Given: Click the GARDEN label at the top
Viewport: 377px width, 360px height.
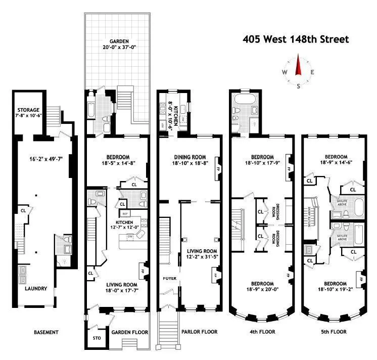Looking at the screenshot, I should [x=117, y=42].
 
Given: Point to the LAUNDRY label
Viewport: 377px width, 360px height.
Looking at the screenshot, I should [x=36, y=289].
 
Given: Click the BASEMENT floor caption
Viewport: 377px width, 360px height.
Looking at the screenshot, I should [x=46, y=332].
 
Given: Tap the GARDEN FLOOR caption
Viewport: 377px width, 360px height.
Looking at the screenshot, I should [x=129, y=332].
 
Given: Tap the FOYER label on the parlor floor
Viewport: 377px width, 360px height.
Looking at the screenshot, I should [x=169, y=278].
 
